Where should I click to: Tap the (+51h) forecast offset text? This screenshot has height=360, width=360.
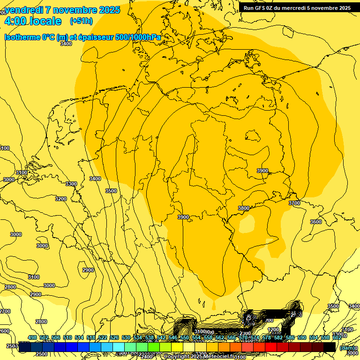coord(81,21)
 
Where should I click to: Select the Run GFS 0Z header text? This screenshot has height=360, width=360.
coord(262,8)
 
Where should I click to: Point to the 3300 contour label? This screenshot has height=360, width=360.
coord(71,184)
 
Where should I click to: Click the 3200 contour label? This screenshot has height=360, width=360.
coord(61,199)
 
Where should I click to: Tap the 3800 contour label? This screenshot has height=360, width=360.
coord(244,208)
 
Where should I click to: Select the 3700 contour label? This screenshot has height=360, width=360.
coord(294,203)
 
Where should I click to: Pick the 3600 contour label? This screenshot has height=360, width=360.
coord(316,222)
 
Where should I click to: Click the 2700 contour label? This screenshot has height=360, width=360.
coord(5,311)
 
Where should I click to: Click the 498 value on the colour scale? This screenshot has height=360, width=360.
coord(32,338)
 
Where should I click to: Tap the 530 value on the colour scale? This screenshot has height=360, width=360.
coord(126,338)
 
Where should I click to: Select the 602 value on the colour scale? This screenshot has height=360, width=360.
coord(337,338)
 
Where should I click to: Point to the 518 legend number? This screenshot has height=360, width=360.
coord(91,338)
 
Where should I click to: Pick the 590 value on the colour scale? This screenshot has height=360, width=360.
coord(302,338)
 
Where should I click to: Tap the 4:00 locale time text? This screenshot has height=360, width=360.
coord(33,21)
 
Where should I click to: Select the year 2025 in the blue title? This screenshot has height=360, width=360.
coord(110,10)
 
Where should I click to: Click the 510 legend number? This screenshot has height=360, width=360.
coord(67,338)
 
